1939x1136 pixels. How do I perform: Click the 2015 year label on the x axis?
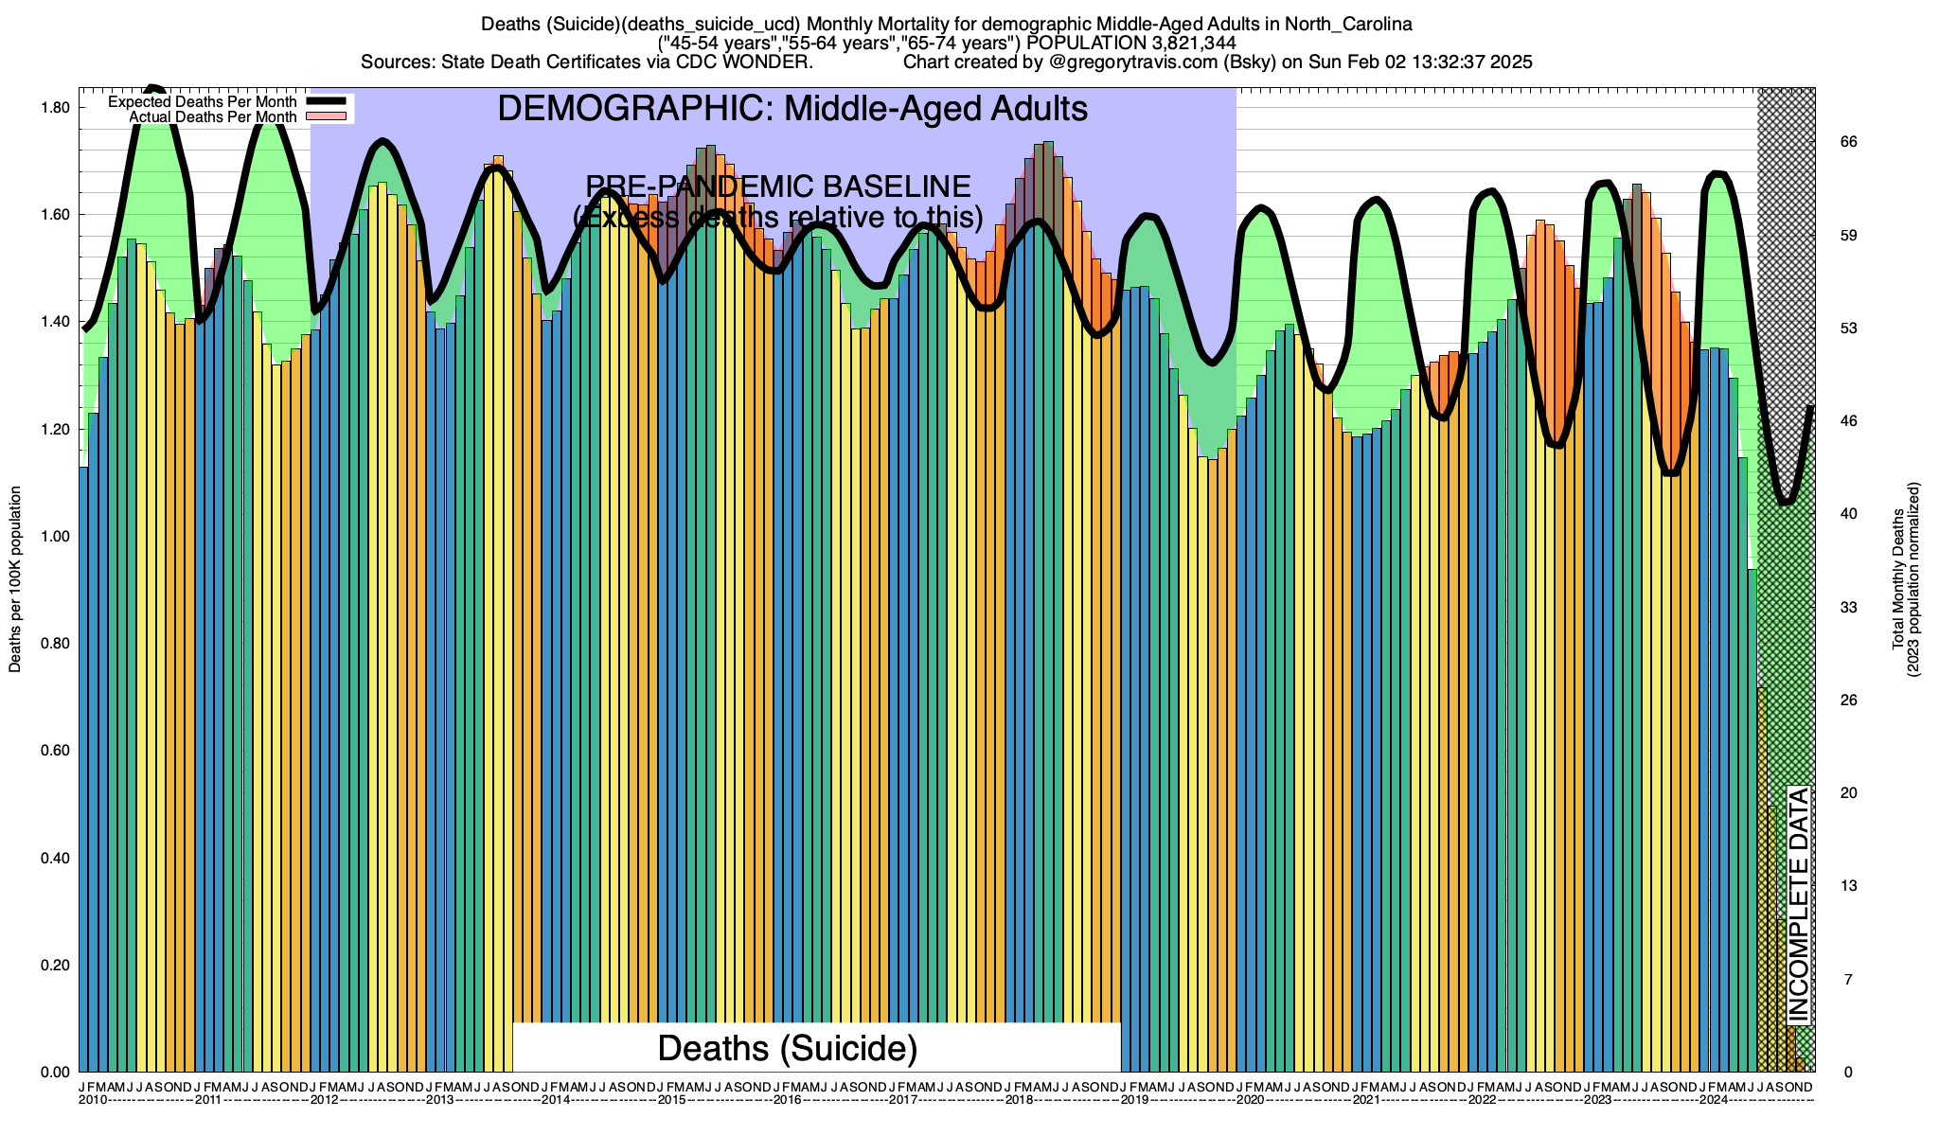click(x=672, y=1100)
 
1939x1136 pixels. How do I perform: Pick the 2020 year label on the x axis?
click(x=1250, y=1100)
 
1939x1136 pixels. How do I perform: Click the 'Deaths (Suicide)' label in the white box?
click(x=788, y=1048)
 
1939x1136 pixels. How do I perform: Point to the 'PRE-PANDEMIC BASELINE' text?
click(x=778, y=186)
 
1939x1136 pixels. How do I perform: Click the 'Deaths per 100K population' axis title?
click(x=15, y=579)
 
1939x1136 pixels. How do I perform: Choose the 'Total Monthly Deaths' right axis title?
click(x=1898, y=579)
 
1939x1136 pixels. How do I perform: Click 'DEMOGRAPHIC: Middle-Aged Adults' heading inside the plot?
click(x=792, y=109)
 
